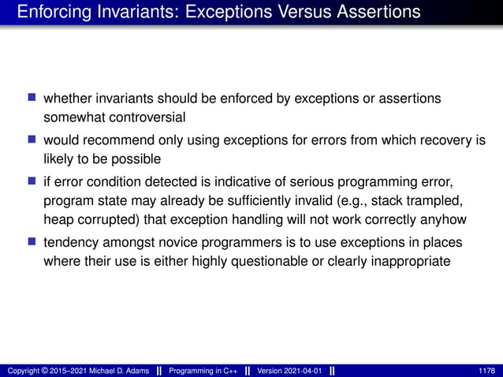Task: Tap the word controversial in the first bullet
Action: tap(146, 118)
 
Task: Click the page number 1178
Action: tap(487, 371)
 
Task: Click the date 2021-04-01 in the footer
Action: tap(302, 371)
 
